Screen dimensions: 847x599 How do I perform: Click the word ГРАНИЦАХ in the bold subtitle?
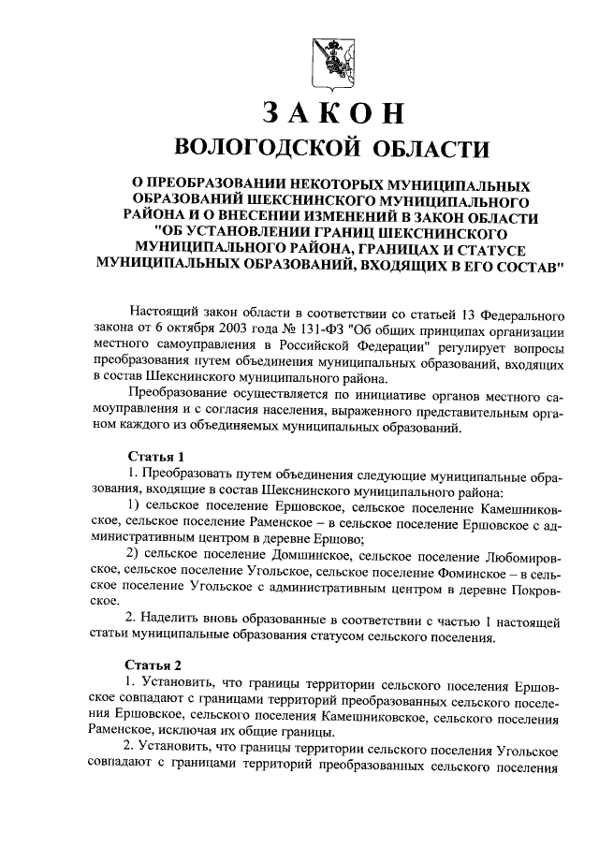[379, 249]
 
